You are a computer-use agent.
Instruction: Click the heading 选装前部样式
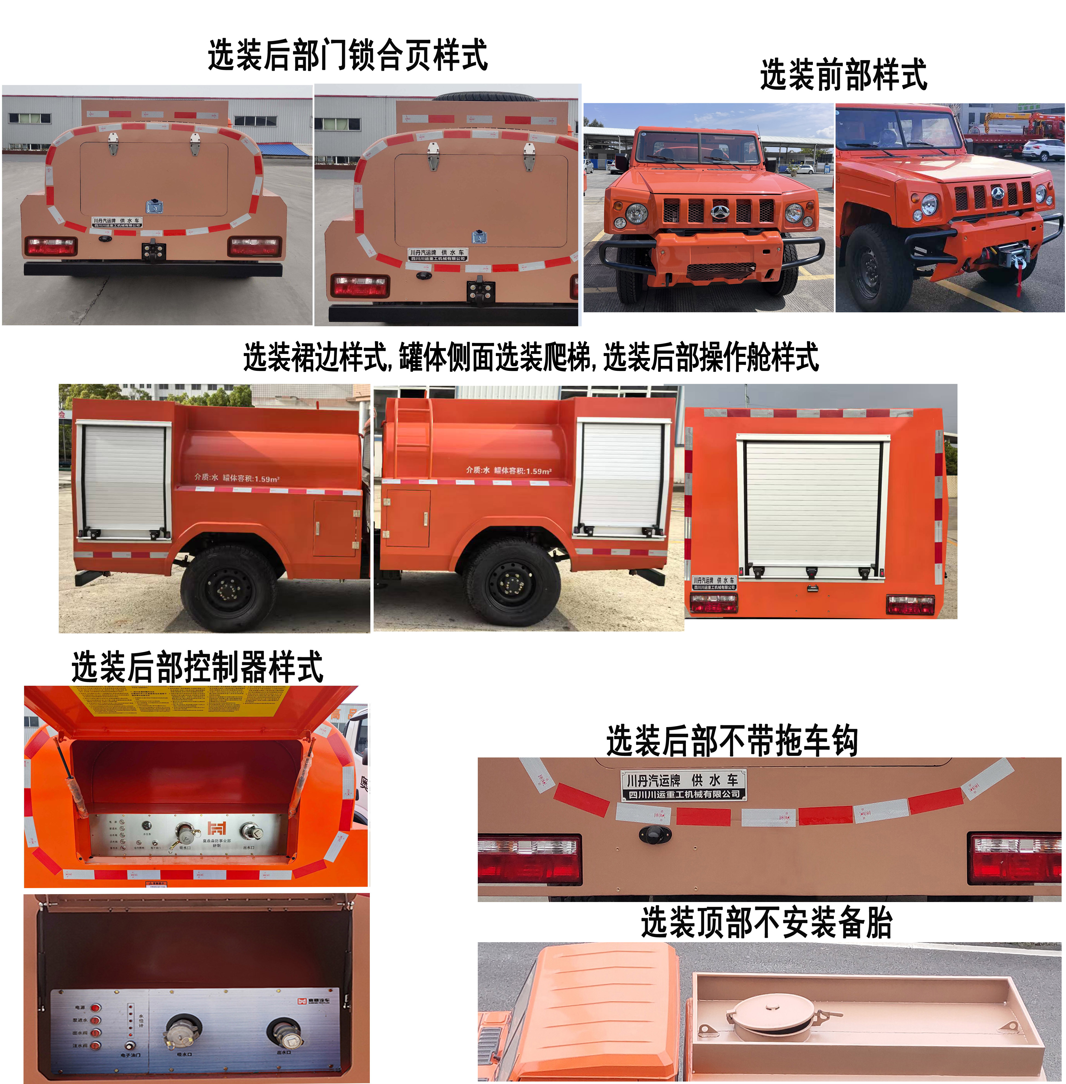(x=843, y=75)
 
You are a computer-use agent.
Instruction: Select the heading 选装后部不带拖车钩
(x=732, y=741)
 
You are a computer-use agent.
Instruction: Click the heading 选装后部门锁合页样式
(x=347, y=55)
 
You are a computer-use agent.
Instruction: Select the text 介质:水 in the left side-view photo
(x=206, y=477)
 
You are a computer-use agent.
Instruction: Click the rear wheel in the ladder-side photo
(x=511, y=582)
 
